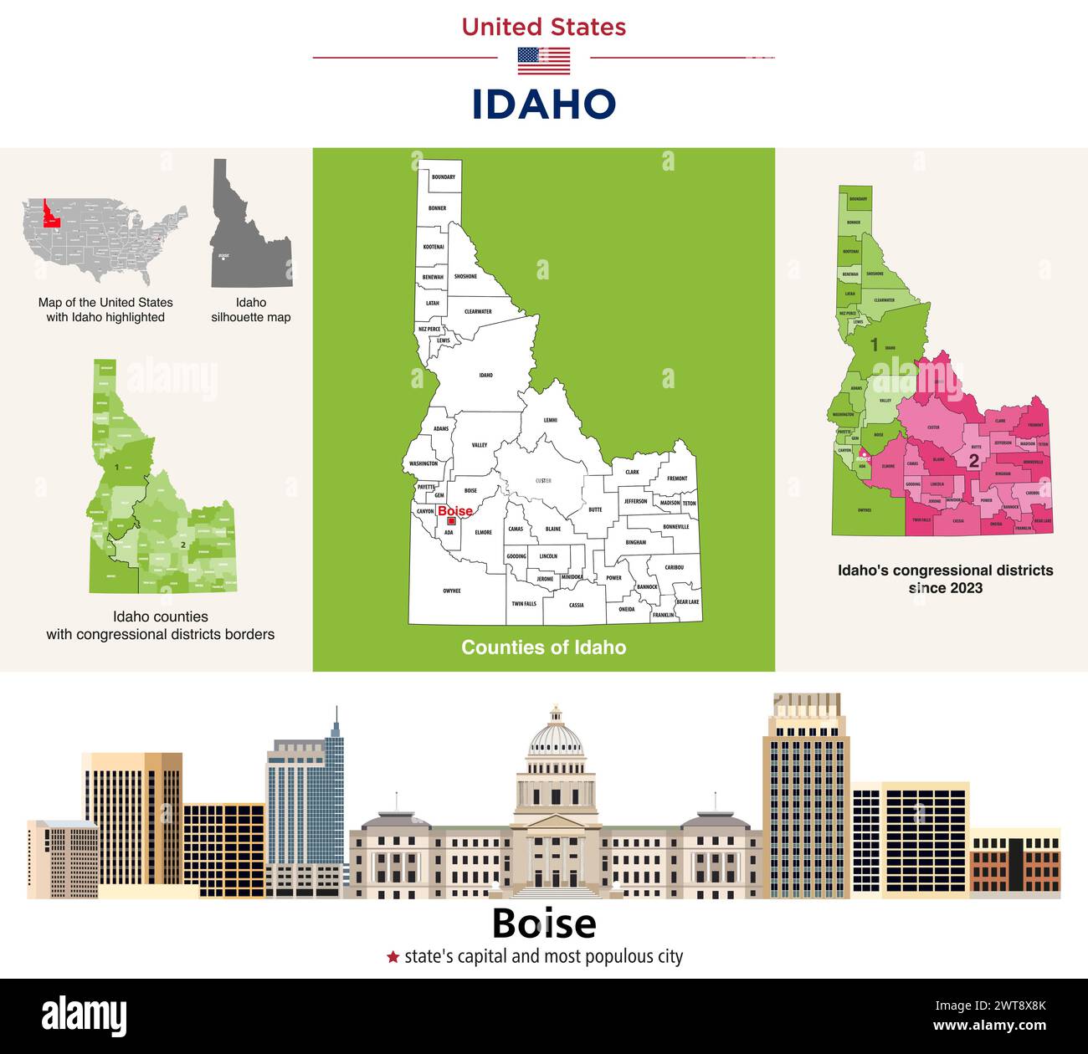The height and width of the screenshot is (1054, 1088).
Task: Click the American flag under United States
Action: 544,61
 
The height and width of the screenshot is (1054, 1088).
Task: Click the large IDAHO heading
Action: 544,105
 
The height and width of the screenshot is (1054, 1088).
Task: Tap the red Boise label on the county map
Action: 455,511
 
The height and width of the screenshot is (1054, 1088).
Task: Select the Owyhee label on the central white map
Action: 451,591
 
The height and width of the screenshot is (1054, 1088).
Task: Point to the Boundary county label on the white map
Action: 443,177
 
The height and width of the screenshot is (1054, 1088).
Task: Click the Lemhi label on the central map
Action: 550,420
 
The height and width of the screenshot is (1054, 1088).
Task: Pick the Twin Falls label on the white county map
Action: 524,603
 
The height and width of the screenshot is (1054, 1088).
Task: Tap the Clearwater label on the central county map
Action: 478,311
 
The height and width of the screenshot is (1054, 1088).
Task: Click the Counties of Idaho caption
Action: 544,647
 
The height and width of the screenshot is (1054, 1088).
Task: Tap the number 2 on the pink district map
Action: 973,461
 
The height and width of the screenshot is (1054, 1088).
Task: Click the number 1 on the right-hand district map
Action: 874,345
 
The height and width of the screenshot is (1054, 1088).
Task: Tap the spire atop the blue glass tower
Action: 336,721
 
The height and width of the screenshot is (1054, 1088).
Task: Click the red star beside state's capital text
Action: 393,957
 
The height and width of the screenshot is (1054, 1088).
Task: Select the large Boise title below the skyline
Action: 544,924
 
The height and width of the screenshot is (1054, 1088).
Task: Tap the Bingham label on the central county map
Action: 635,542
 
